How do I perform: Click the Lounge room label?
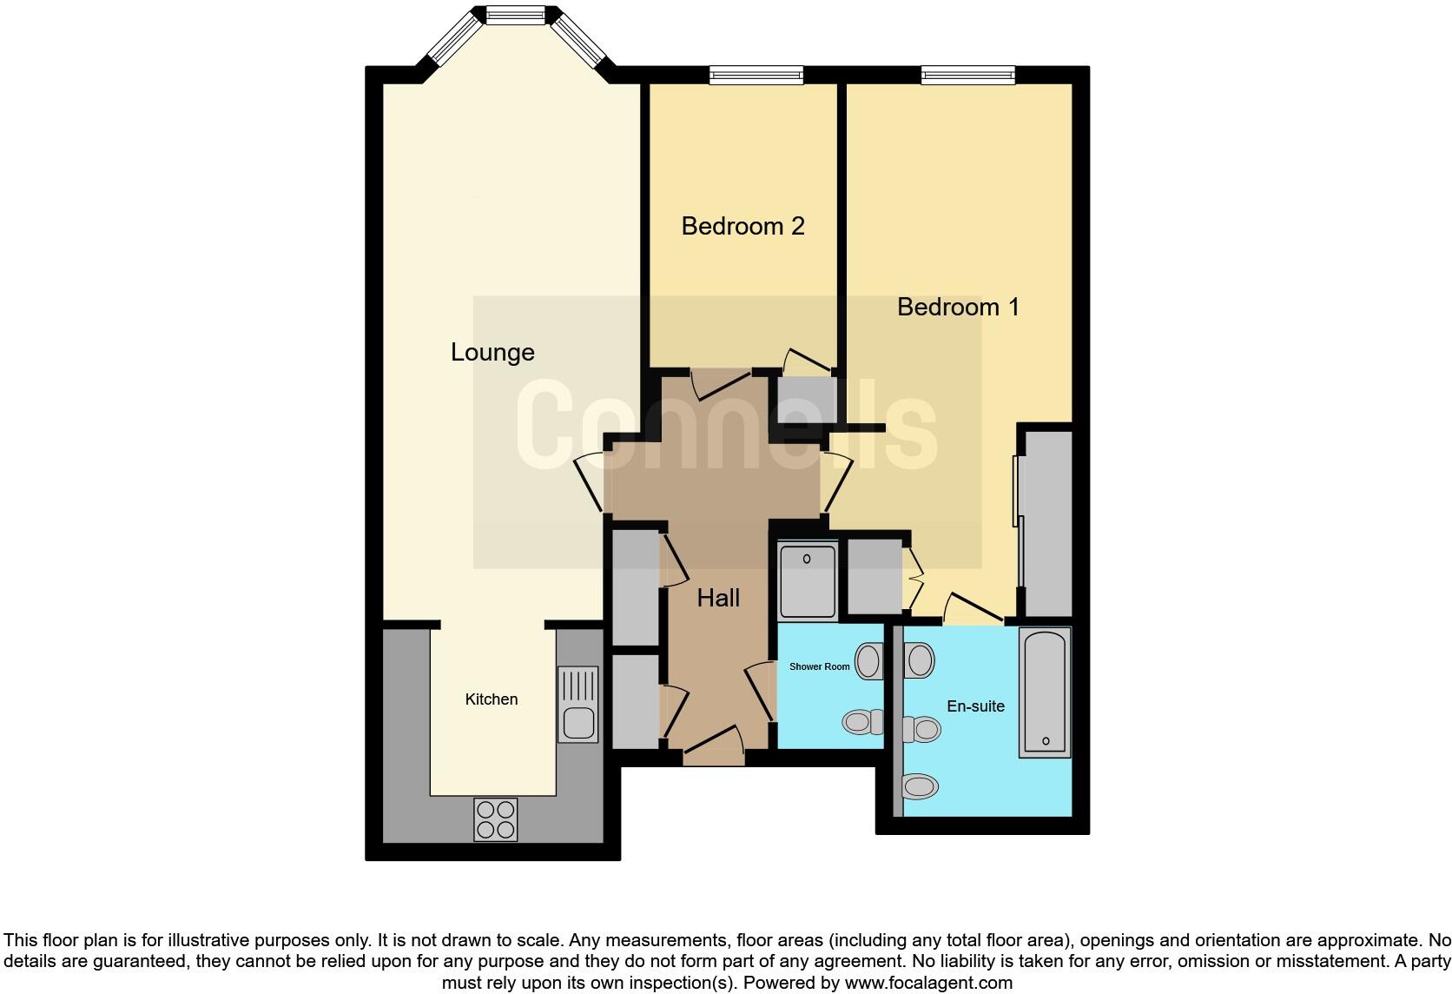(x=492, y=352)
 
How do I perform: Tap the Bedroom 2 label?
(x=742, y=226)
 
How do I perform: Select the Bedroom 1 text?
(x=958, y=307)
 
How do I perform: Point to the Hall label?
(x=718, y=598)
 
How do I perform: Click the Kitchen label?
(x=492, y=699)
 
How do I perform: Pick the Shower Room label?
(x=819, y=666)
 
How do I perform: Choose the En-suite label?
(x=975, y=706)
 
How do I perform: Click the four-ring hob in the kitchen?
(x=496, y=819)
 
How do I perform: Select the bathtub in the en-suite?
(x=1045, y=692)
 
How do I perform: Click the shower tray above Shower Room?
(x=808, y=580)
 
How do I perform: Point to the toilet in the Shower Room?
(x=863, y=721)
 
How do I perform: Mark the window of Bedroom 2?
(x=756, y=76)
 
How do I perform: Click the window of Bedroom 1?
(x=967, y=76)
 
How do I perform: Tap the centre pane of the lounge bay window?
(x=515, y=15)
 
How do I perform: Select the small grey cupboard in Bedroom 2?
(x=807, y=401)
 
